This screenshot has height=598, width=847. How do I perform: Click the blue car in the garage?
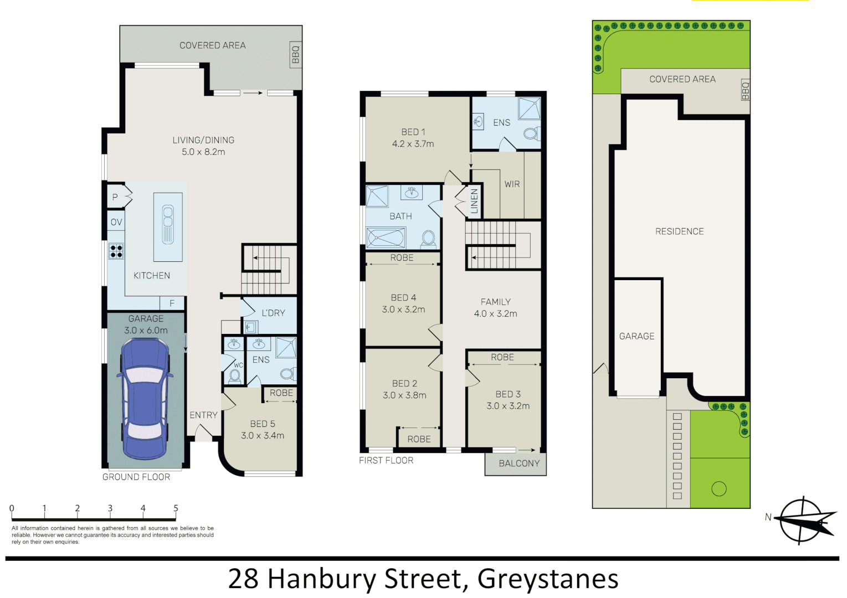pos(145,399)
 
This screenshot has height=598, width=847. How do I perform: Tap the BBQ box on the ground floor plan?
pos(296,54)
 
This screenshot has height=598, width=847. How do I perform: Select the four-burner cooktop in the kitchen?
pos(116,251)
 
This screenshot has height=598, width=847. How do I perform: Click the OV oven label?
pos(116,222)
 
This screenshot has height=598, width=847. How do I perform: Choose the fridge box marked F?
pos(172,303)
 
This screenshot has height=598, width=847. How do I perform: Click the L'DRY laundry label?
pos(274,313)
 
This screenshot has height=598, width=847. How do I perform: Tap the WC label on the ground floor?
pos(238,365)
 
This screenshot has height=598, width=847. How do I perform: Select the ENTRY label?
pos(203,415)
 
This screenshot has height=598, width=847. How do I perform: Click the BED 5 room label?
pos(263,424)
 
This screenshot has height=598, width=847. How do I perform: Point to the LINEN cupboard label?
pos(475,202)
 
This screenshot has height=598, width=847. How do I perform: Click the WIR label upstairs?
pos(512,184)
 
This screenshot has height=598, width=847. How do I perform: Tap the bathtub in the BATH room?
pos(386,238)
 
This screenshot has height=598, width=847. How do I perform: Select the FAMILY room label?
pos(496,302)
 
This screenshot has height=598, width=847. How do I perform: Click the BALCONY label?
pos(519,463)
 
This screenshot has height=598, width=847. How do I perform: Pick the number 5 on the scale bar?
pos(176,508)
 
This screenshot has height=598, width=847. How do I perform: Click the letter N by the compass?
pos(768,517)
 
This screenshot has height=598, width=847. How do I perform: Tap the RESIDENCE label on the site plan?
pos(680,231)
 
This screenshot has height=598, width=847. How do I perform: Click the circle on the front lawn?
pos(719,488)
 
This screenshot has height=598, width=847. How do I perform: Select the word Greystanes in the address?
pos(548,579)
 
